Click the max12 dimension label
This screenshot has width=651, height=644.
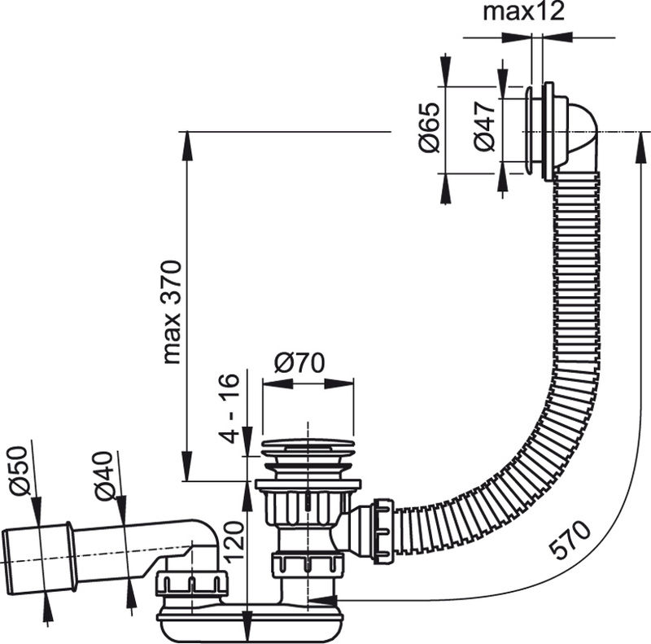click(x=523, y=11)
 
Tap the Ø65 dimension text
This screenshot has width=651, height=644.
click(x=430, y=127)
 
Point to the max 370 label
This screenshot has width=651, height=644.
click(x=173, y=312)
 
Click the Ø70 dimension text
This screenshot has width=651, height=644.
click(x=299, y=363)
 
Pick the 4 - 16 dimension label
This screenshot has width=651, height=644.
click(x=229, y=409)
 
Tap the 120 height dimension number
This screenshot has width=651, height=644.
click(x=234, y=542)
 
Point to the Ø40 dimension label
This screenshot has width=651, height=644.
click(x=103, y=475)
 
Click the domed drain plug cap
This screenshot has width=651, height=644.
click(x=308, y=444)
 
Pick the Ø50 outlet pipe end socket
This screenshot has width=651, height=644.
click(x=38, y=558)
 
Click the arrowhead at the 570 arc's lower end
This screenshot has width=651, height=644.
click(x=322, y=600)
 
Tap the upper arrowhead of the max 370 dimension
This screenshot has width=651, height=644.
click(x=187, y=147)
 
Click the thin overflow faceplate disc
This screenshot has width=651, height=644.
click(x=530, y=132)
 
